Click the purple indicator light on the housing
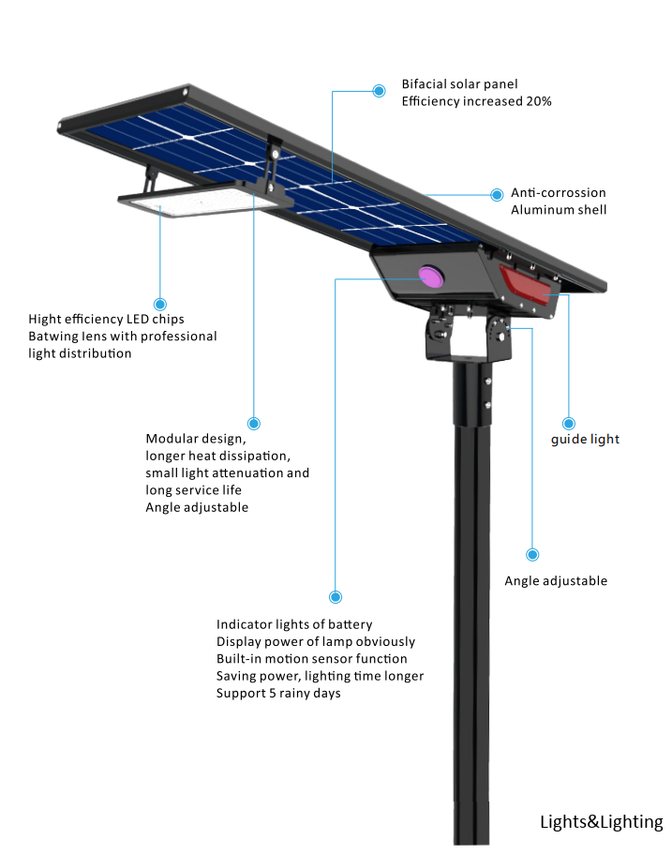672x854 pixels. (431, 277)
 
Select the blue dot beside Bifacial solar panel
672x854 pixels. (379, 91)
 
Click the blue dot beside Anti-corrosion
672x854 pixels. (497, 194)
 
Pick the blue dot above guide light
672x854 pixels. (569, 423)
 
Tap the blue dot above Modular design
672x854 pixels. (254, 423)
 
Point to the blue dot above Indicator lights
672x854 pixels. (336, 597)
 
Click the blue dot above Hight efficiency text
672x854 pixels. (160, 304)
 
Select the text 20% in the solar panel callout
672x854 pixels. (539, 101)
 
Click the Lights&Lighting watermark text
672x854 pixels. (601, 821)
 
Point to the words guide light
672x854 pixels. (585, 439)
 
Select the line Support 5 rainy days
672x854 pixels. (278, 694)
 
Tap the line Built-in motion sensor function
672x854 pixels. (311, 658)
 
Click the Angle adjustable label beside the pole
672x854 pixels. (556, 580)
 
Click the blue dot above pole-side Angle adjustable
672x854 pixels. (532, 554)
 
